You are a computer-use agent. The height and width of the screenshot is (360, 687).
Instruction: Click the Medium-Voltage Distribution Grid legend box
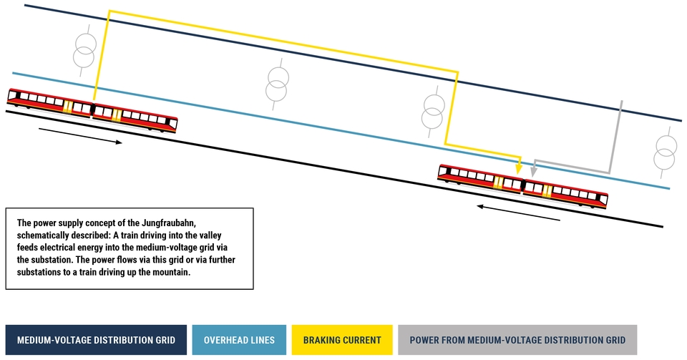tap(96, 340)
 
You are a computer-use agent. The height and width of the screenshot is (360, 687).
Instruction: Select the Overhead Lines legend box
tap(239, 340)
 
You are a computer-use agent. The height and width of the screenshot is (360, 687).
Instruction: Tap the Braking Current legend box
tap(342, 340)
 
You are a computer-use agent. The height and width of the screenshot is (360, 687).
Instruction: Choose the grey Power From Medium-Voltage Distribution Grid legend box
tap(517, 340)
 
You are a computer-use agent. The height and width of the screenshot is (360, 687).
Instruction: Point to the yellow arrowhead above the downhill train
tap(520, 169)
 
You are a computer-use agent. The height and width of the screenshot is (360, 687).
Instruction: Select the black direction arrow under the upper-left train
tap(80, 135)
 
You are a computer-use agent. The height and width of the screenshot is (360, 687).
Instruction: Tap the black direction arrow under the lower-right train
tap(518, 213)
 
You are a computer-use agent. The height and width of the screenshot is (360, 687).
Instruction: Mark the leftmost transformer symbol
tap(84, 51)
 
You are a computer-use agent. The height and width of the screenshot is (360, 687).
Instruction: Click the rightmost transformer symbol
tap(665, 152)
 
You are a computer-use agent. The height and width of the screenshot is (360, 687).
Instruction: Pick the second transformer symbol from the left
tap(278, 84)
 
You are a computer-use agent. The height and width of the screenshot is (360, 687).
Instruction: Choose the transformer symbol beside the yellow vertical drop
tap(434, 112)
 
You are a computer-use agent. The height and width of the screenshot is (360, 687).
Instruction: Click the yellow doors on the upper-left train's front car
tap(116, 115)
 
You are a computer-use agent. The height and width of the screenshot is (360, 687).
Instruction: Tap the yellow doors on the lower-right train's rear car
tap(547, 190)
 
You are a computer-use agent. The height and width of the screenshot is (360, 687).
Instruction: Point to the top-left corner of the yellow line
tap(109, 11)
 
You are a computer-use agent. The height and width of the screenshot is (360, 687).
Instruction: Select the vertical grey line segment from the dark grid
tap(615, 137)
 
